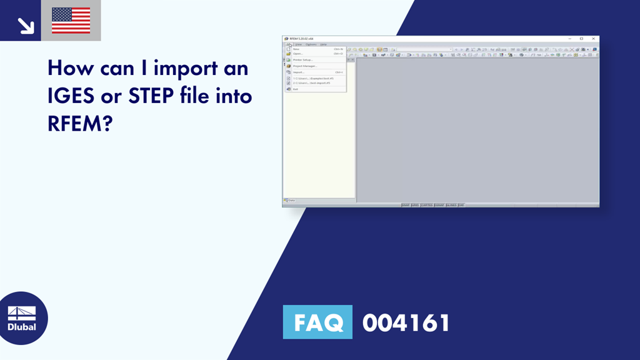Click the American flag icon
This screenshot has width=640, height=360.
[x=71, y=20]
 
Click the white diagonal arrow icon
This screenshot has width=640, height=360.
[x=25, y=25]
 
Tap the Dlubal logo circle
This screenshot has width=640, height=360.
[x=22, y=318]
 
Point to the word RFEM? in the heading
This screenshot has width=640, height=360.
[x=79, y=124]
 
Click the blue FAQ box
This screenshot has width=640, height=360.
[x=317, y=322]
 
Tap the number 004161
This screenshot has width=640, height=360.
[x=406, y=322]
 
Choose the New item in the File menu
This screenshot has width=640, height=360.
[x=296, y=49]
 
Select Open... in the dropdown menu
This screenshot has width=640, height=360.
[x=298, y=54]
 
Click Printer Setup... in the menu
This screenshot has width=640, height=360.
[x=303, y=60]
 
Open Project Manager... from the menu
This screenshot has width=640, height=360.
[x=305, y=66]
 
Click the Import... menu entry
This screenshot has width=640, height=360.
[x=299, y=72]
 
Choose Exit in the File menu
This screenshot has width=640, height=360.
[x=296, y=89]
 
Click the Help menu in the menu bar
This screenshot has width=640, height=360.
[x=324, y=44]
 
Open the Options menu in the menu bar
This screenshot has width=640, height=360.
[x=311, y=44]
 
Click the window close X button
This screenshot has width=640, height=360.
[x=593, y=39]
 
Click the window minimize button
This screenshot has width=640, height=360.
[x=569, y=39]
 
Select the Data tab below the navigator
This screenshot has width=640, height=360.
[x=291, y=201]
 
